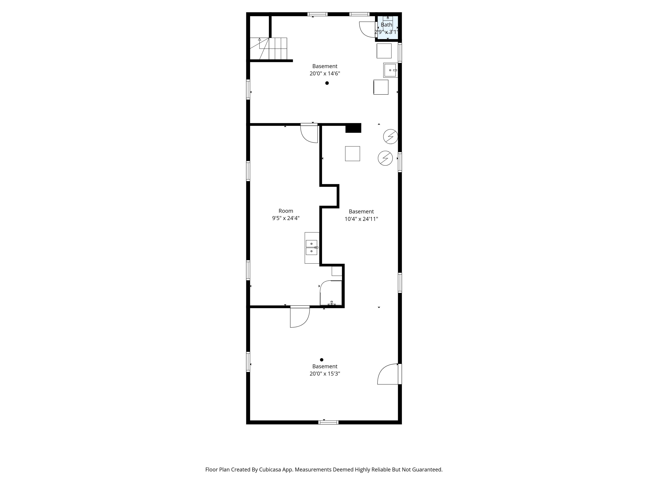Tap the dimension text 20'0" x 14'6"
pos(325,74)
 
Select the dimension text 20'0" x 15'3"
pos(325,374)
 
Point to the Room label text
pos(286,211)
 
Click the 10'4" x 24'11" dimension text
pos(361,219)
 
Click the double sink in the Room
pos(312,248)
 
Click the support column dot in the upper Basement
pos(327,83)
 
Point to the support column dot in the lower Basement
pos(321,360)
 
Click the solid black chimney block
pos(353,128)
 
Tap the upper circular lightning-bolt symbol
pos(390,136)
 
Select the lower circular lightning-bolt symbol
pos(385,158)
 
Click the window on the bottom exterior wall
pos(328,422)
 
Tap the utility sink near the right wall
pos(390,70)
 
